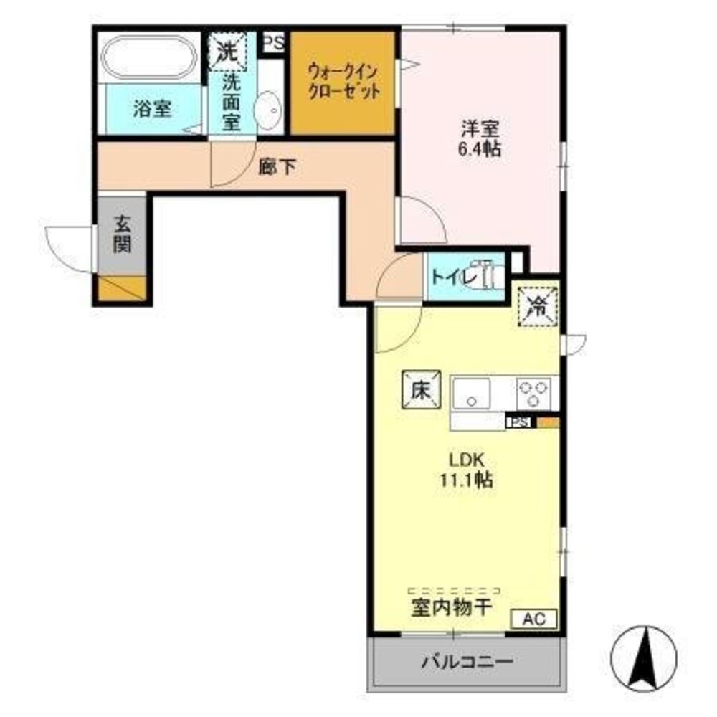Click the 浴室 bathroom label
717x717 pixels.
pos(152,109)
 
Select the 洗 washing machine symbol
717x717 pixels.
pos(227,52)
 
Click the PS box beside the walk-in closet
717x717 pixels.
pos(273,42)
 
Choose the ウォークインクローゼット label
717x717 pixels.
pos(343,82)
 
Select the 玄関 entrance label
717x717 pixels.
pos(122,234)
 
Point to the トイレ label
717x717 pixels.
pos(449,276)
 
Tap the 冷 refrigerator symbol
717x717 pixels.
pos(537,306)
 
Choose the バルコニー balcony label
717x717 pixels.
pos(467,661)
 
